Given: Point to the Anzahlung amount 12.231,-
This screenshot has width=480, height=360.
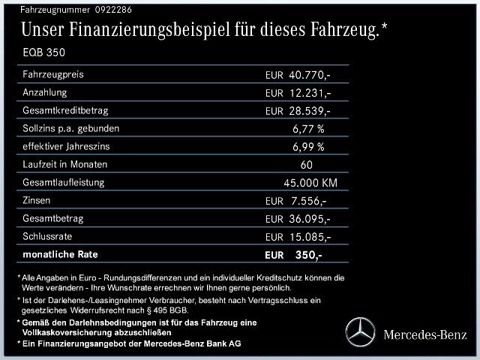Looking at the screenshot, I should pos(310,93).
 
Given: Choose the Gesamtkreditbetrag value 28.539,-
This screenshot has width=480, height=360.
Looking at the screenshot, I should pos(310,111).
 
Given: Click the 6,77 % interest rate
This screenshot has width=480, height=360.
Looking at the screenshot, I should pos(308,129).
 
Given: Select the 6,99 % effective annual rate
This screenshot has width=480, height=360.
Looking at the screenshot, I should pos(308,147).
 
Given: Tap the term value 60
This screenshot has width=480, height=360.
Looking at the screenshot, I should pos(306,165).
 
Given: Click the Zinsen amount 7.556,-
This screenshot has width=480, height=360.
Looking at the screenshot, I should pos(308,201).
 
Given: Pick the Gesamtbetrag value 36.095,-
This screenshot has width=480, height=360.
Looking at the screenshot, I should pos(310,219).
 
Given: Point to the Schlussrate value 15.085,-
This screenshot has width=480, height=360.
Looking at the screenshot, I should pos(310,237).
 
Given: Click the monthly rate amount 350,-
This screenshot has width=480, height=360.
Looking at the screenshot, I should pos(308,255).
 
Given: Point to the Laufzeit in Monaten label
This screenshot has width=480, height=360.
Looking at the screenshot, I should pos(66,165).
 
